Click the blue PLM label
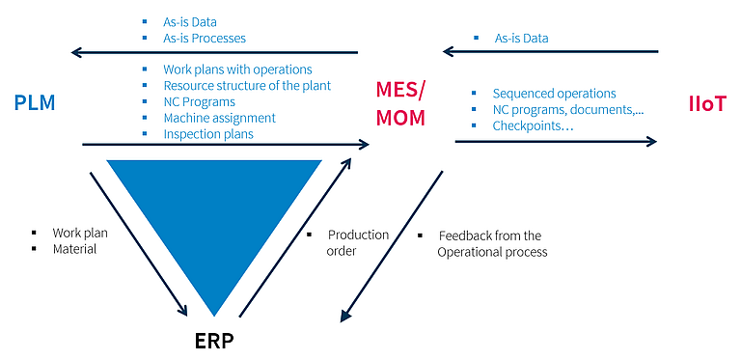point(35,103)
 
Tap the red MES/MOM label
point(400,103)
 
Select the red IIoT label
point(707,104)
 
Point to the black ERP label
point(214,341)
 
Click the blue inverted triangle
point(214,212)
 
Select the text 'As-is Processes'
point(205,38)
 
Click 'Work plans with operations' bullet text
point(237,69)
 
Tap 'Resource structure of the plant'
point(247,86)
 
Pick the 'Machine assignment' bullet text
point(220,118)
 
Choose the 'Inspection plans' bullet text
point(208,134)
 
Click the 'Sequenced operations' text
point(555,94)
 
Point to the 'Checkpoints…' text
point(533,126)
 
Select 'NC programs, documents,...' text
point(568,110)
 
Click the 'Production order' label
point(358,243)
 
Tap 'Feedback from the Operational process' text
point(492,244)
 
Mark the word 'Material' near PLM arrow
point(74,249)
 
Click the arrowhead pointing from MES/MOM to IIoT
point(651,141)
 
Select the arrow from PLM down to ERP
point(139,244)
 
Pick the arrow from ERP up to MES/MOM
point(295,237)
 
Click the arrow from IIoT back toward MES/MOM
point(551,51)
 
